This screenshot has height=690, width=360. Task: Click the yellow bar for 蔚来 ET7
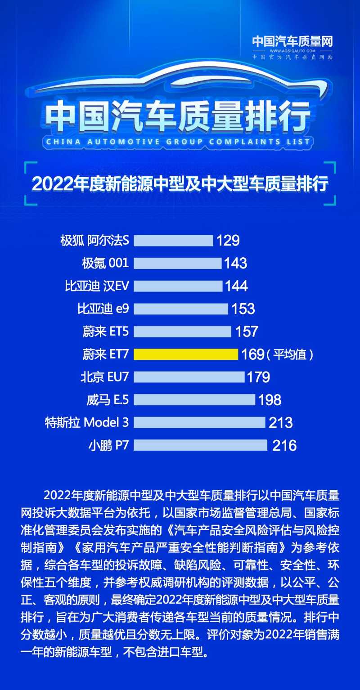[x=185, y=354]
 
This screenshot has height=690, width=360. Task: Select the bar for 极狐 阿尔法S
[x=173, y=240]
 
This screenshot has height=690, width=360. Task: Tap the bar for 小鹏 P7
[x=200, y=445]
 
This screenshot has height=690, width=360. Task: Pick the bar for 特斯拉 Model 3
[x=199, y=422]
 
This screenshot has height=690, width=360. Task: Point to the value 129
[x=228, y=240]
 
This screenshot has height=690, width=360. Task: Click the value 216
[x=284, y=445]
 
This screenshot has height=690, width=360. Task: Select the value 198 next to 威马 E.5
[x=270, y=399]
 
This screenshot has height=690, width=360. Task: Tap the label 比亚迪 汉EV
[x=97, y=286]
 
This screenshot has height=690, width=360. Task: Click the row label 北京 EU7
[x=105, y=377]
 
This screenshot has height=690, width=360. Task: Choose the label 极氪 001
[x=105, y=263]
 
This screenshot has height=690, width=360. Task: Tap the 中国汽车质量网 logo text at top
[x=292, y=42]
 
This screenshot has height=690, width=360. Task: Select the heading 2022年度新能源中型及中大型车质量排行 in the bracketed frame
[x=180, y=184]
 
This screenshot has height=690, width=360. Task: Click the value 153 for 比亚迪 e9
[x=243, y=309]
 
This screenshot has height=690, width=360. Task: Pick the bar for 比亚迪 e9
[x=181, y=309]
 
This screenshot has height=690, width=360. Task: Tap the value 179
[x=258, y=377]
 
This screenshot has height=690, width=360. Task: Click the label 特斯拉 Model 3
[x=87, y=422]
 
